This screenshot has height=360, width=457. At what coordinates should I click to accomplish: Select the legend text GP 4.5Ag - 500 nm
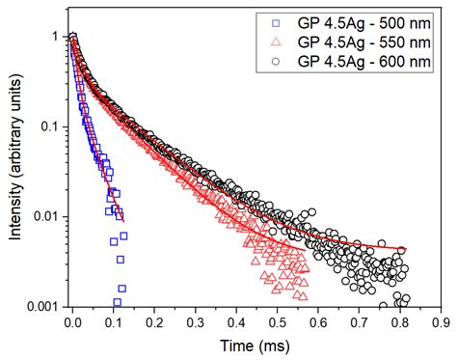(363, 19)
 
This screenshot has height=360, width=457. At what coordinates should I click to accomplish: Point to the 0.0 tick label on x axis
(72, 322)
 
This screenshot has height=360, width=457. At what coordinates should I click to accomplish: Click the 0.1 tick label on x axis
(114, 322)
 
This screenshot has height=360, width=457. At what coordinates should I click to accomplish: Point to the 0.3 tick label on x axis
(197, 322)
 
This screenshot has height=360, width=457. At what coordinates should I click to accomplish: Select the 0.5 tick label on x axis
(279, 322)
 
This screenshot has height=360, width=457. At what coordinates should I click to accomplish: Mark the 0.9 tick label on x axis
(442, 322)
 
